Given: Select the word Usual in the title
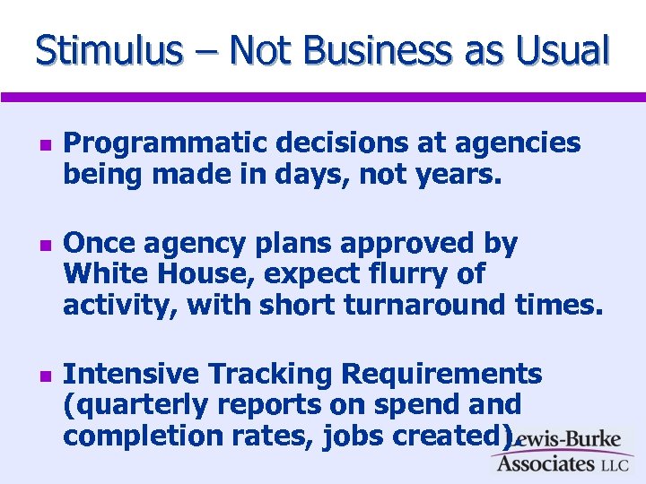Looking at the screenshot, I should click(x=563, y=50).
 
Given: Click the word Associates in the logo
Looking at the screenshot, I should click(x=546, y=463).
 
